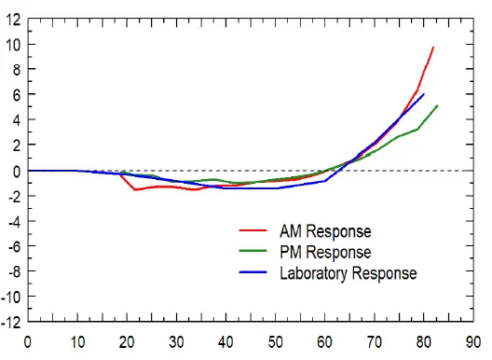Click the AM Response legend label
pyautogui.click(x=325, y=231)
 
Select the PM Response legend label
pyautogui.click(x=325, y=252)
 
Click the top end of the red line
pyautogui.click(x=433, y=47)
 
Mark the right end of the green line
pyautogui.click(x=437, y=105)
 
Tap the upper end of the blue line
pyautogui.click(x=424, y=94)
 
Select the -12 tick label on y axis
pyautogui.click(x=10, y=323)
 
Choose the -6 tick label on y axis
pyautogui.click(x=13, y=247)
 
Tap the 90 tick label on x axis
pyautogui.click(x=474, y=342)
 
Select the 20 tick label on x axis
pyautogui.click(x=126, y=342)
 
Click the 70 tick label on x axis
pyautogui.click(x=375, y=342)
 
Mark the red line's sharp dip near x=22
pyautogui.click(x=135, y=189)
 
